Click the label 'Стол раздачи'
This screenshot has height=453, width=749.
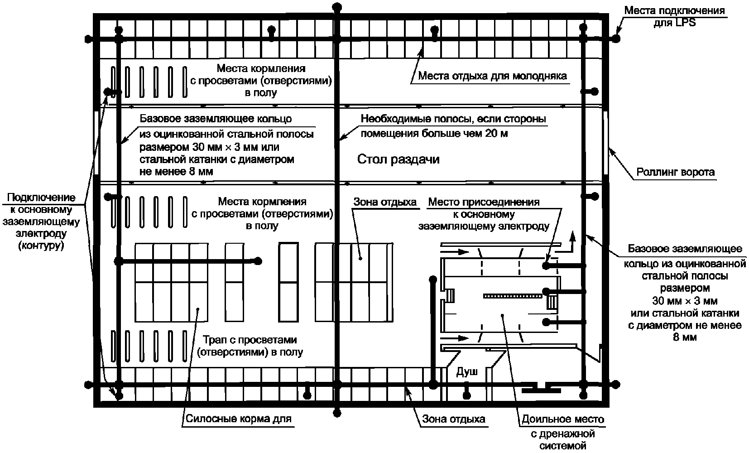398,159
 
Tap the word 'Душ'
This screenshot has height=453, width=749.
466,372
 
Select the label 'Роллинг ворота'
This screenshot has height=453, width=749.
675,172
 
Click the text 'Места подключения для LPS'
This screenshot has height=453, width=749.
674,16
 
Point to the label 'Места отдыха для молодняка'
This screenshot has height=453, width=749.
492,76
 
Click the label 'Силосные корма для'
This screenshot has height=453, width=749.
238,419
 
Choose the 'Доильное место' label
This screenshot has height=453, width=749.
563,419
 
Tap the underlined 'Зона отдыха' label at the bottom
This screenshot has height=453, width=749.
454,419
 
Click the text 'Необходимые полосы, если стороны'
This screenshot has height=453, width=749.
453,119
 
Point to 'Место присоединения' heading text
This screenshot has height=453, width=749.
484,202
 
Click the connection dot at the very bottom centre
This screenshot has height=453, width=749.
336,412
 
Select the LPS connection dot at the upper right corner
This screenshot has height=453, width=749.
616,39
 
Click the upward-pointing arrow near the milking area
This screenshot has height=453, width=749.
573,236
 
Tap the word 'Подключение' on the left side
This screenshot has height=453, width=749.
41,198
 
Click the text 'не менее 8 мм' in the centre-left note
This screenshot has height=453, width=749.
176,172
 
